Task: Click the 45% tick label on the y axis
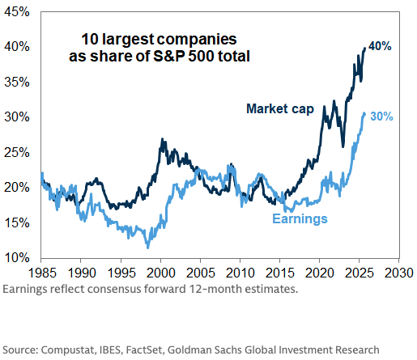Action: coord(17,12)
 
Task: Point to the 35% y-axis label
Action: coord(17,82)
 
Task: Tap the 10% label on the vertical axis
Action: coord(17,258)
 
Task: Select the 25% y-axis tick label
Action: coord(17,153)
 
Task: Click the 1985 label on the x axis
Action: coord(42,273)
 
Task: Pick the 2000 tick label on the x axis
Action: coord(161,273)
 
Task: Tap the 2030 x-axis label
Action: coord(399,273)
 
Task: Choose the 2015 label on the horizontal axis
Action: coord(280,273)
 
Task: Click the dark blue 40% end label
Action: coord(380,46)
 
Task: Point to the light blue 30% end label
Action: coord(381,116)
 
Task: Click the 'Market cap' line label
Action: coord(280,109)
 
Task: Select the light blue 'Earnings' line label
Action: coord(300,218)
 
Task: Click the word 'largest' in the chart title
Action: coord(128,40)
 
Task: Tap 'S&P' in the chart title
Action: coord(169,56)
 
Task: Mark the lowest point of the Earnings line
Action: coord(147,248)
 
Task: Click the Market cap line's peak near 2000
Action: coord(162,139)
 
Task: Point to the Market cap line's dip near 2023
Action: coord(343,146)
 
